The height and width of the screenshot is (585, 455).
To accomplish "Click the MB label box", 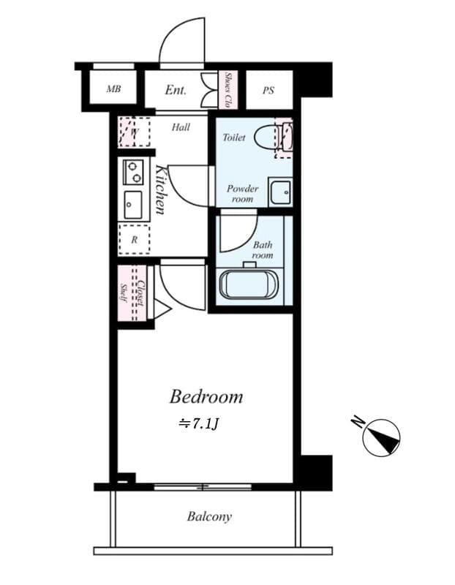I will pos(113,90).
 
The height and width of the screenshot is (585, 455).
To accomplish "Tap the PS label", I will pos(268,91).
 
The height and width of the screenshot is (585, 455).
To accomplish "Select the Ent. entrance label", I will pos(176,91).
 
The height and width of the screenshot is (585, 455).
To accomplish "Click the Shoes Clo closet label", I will pos(228,89).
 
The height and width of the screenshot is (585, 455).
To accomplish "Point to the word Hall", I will pos(181,127).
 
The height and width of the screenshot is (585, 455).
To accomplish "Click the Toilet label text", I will pos(234,137).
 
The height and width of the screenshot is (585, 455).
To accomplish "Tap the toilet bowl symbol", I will pos(273,137).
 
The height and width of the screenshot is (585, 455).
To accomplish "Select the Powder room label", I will pos(241,193).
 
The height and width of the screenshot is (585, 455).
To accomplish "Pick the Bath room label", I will pos(262,250).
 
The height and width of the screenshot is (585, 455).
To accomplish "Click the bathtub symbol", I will pos(249,283).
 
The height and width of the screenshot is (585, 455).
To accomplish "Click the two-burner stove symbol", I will pos(133,172).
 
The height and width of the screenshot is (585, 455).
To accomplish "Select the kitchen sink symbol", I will pos(133,205).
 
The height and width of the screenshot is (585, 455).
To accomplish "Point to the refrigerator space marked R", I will pos(134,239).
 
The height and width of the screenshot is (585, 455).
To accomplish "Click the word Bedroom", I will pos(206,397).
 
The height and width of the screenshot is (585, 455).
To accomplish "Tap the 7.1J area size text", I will pos(199,423).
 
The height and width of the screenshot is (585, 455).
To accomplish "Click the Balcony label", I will pos(209,517).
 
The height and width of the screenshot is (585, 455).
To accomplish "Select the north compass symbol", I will pos(380,437).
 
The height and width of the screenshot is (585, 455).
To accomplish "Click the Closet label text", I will pos(139,293).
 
